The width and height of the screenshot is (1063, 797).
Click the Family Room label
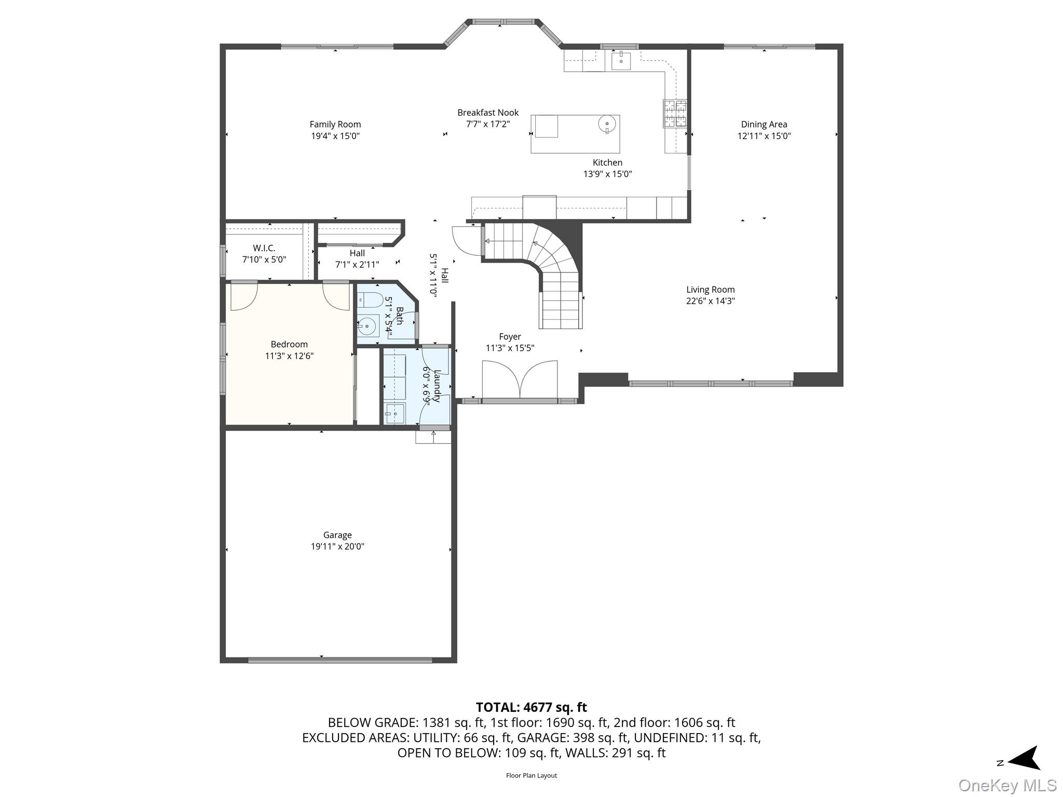(335, 125)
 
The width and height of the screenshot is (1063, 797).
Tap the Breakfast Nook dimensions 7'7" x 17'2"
(488, 124)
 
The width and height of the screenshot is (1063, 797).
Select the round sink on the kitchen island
(607, 123)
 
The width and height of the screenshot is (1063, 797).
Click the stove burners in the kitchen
(675, 114)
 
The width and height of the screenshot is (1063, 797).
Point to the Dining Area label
(764, 125)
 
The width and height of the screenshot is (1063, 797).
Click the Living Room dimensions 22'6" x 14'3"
(711, 301)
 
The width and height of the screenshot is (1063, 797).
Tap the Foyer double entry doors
(520, 380)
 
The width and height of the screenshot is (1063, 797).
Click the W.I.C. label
(264, 248)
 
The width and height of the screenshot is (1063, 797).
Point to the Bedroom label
(289, 345)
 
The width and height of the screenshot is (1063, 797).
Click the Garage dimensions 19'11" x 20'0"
(337, 546)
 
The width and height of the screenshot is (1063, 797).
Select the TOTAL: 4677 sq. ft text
(531, 707)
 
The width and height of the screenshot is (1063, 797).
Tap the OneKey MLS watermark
(1007, 786)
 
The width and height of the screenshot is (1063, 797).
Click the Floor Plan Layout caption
(531, 776)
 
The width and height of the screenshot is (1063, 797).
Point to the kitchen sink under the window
(621, 60)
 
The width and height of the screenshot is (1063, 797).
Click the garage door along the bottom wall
(340, 660)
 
